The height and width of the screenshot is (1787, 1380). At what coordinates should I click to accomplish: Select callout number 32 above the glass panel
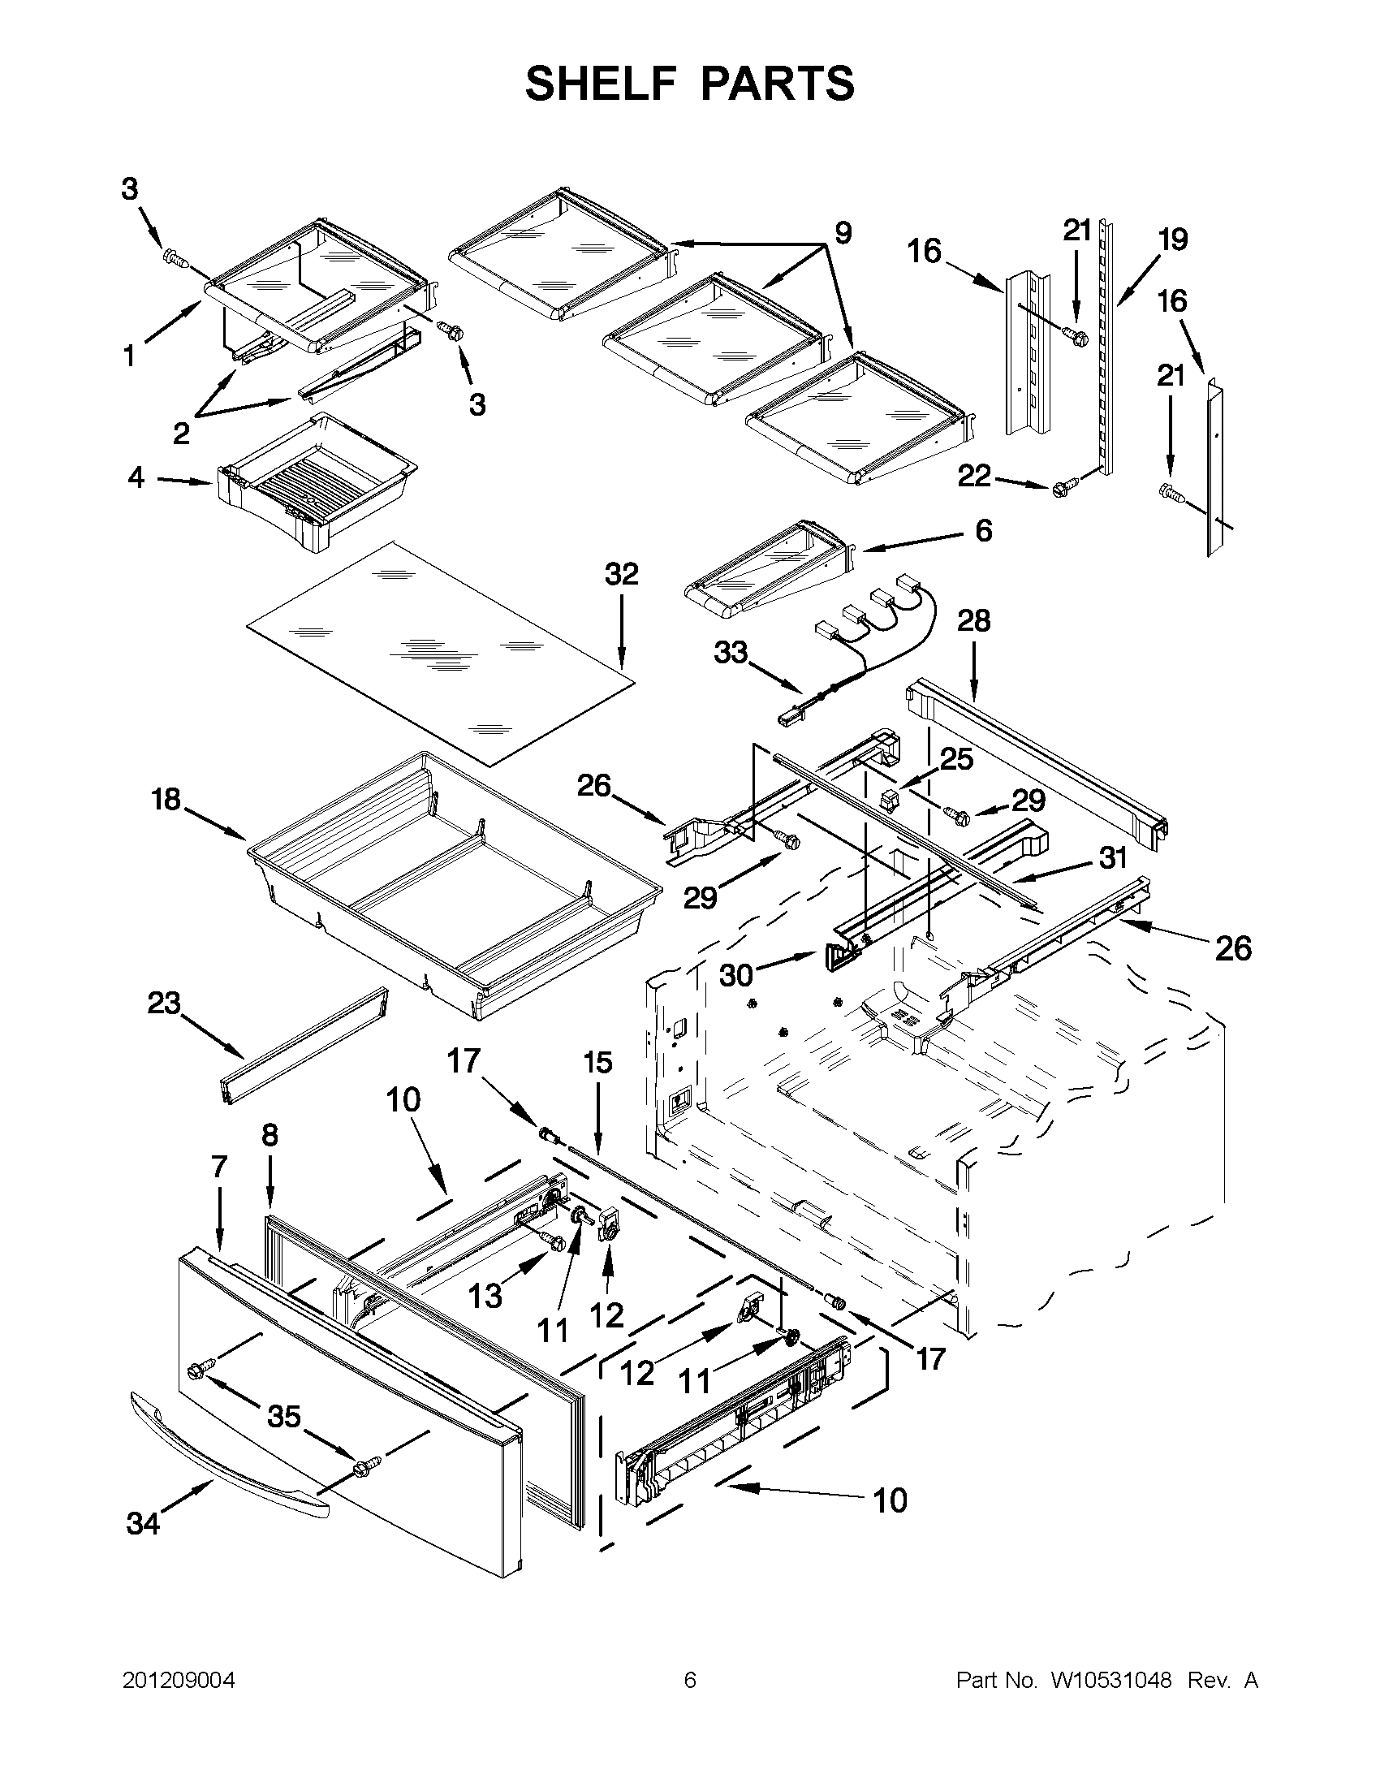[x=621, y=574]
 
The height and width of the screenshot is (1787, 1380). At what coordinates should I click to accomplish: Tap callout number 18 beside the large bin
[x=166, y=799]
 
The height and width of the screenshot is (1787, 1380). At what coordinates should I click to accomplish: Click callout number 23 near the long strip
[x=164, y=1003]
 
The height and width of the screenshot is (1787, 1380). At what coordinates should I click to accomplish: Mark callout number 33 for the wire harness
[x=731, y=652]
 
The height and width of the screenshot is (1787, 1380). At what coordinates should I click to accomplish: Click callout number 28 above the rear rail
[x=973, y=621]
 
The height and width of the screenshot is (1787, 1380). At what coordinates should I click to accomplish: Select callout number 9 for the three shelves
[x=843, y=233]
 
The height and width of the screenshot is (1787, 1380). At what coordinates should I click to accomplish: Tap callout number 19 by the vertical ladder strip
[x=1172, y=240]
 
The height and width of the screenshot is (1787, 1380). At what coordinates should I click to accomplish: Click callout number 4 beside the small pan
[x=136, y=477]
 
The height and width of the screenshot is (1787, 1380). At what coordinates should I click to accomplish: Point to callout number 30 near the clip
[x=736, y=974]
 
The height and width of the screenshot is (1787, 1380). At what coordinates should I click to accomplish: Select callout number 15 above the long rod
[x=597, y=1063]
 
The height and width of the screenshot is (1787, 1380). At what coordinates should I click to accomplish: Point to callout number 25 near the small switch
[x=955, y=758]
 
